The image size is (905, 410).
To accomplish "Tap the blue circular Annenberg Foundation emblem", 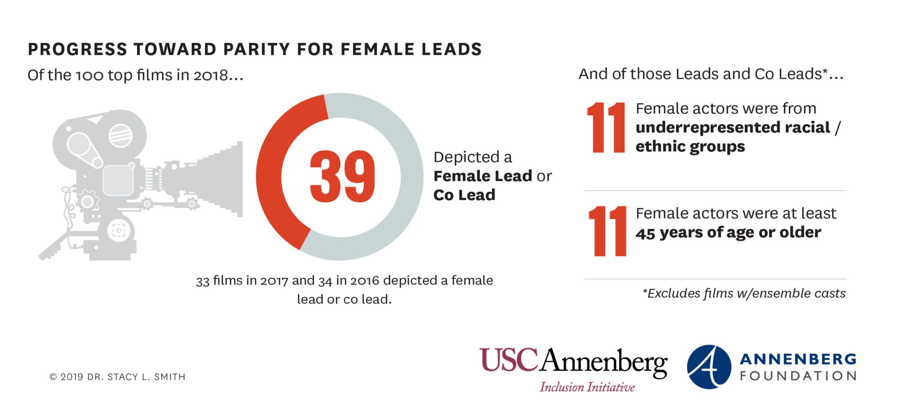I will [709, 367].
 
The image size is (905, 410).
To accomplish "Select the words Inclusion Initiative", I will [587, 387].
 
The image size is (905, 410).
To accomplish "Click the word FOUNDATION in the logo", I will [798, 376].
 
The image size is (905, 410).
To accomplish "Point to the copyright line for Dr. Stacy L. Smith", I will [118, 377].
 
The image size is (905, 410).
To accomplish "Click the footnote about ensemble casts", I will [744, 293].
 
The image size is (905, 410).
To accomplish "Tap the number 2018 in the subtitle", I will [210, 75].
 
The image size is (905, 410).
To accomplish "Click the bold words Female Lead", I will [483, 176].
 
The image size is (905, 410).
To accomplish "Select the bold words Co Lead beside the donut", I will [464, 195].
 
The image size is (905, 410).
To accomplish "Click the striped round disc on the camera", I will [120, 135].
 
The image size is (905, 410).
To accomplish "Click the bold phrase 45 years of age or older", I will [728, 232].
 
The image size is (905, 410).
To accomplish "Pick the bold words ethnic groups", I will [690, 146].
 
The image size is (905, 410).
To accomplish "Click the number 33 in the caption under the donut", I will [202, 281].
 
